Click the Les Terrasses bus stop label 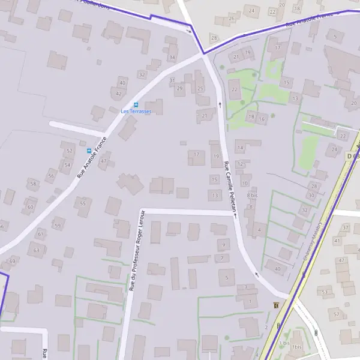tap(136, 112)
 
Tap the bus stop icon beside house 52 tap(89, 151)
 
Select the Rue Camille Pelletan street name tap(230, 187)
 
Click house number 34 tap(172, 58)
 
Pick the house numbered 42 tap(118, 94)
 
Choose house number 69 tap(12, 260)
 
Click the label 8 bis tap(252, 196)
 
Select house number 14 tap(240, 148)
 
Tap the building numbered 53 tap(325, 293)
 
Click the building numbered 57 tap(337, 314)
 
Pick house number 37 tap(345, 228)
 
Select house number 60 tap(31, 207)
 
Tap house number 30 tap(311, 195)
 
